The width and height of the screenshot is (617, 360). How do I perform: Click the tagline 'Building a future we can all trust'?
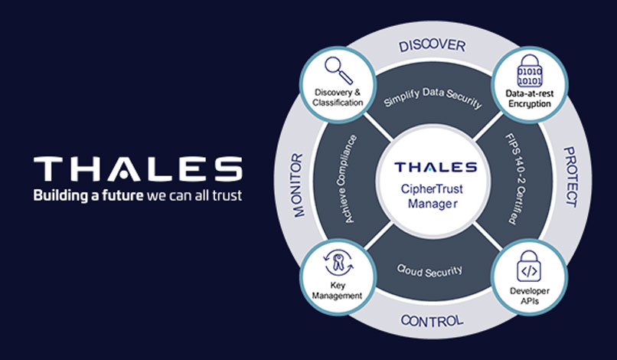[137, 195]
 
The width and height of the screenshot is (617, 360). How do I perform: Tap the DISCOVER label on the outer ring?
[432, 46]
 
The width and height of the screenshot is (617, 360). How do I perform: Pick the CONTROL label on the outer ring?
[432, 319]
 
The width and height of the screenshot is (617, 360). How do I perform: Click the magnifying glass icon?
[337, 70]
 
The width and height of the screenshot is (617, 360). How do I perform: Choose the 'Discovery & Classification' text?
[338, 98]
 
